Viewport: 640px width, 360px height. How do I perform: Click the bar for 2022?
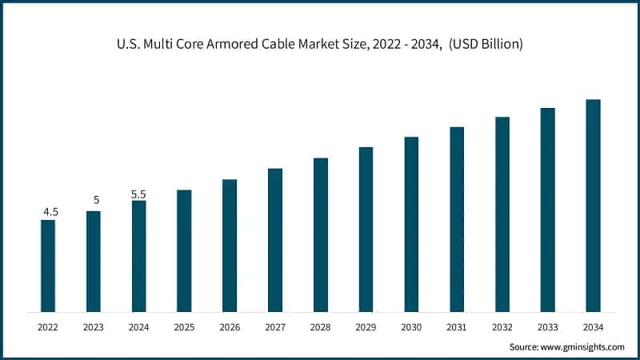click(x=48, y=266)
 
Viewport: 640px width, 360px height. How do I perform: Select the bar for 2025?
click(x=184, y=250)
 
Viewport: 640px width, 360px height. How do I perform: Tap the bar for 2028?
click(x=320, y=234)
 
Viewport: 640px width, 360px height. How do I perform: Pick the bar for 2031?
click(x=457, y=218)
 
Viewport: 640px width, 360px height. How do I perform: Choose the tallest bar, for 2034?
click(x=593, y=205)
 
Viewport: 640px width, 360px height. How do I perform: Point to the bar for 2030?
click(x=411, y=224)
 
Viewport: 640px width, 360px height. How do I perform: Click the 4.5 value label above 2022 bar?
click(x=50, y=212)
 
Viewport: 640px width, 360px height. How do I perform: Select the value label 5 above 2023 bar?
click(x=96, y=200)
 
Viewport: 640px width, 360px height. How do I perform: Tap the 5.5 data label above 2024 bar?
click(x=140, y=194)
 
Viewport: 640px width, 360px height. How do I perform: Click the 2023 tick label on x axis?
click(x=94, y=327)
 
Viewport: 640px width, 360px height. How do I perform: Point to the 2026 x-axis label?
click(x=230, y=327)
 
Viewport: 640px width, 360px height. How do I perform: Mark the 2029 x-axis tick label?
click(x=366, y=327)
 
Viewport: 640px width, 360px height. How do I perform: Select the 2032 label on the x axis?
click(x=502, y=327)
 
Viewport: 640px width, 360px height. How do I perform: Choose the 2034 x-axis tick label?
click(x=593, y=327)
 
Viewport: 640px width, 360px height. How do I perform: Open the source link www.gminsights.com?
click(x=583, y=346)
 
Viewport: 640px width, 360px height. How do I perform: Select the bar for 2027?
click(x=275, y=240)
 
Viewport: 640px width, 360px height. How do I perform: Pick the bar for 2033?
click(x=547, y=210)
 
